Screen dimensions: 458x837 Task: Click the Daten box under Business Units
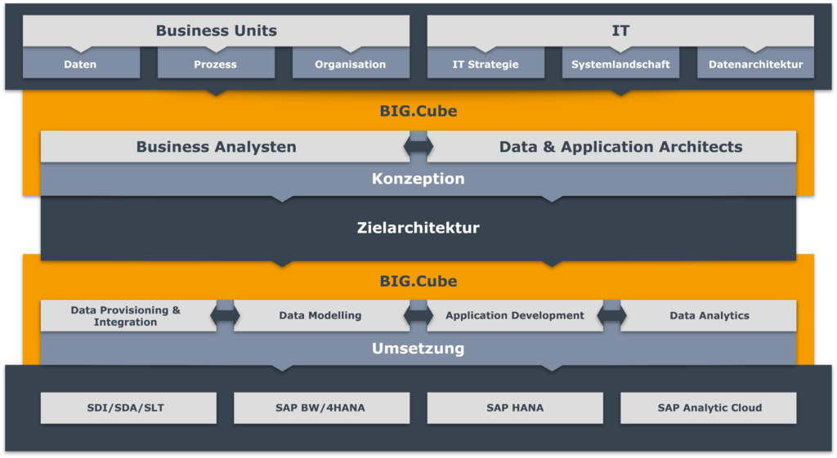pyautogui.click(x=80, y=64)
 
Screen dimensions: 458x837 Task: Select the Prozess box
pyautogui.click(x=216, y=64)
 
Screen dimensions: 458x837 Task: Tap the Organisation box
pyautogui.click(x=351, y=64)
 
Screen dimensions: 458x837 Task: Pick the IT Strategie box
pyautogui.click(x=486, y=64)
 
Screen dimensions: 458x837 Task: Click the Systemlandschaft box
pyautogui.click(x=620, y=64)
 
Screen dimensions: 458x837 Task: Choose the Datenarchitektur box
pyautogui.click(x=755, y=64)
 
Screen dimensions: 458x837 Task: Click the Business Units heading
pyautogui.click(x=217, y=31)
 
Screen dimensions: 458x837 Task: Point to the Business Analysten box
pyautogui.click(x=217, y=147)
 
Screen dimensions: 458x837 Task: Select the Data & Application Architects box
pyautogui.click(x=620, y=147)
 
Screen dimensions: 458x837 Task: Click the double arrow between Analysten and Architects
pyautogui.click(x=418, y=147)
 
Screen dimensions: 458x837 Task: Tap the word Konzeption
pyautogui.click(x=418, y=179)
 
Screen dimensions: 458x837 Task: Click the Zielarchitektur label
pyautogui.click(x=418, y=228)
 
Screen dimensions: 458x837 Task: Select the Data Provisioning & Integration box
pyautogui.click(x=126, y=316)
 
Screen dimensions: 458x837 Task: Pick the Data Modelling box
pyautogui.click(x=320, y=316)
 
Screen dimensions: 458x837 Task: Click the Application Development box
pyautogui.click(x=515, y=316)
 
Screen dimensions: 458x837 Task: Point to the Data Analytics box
pyautogui.click(x=709, y=316)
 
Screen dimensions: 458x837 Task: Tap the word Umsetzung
pyautogui.click(x=418, y=349)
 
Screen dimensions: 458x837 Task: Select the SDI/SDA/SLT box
pyautogui.click(x=128, y=408)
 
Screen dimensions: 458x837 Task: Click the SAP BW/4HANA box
pyautogui.click(x=321, y=408)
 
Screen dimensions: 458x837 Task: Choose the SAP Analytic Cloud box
pyautogui.click(x=709, y=408)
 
